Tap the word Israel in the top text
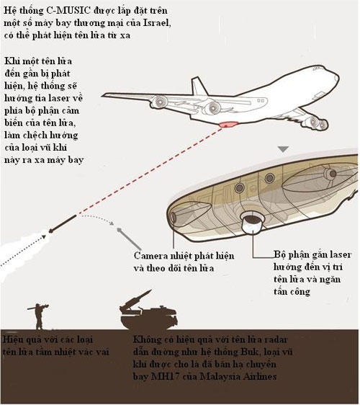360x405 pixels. coord(157,23)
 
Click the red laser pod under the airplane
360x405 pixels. coord(228,124)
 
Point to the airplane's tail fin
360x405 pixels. coord(199,86)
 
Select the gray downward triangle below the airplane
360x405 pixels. coord(284,149)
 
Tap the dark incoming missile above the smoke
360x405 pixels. coord(63,223)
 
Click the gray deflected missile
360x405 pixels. coord(128,238)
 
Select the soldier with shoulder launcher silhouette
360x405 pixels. coord(39,316)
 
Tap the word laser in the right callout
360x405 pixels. coord(341,254)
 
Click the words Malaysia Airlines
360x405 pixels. coord(238,376)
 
